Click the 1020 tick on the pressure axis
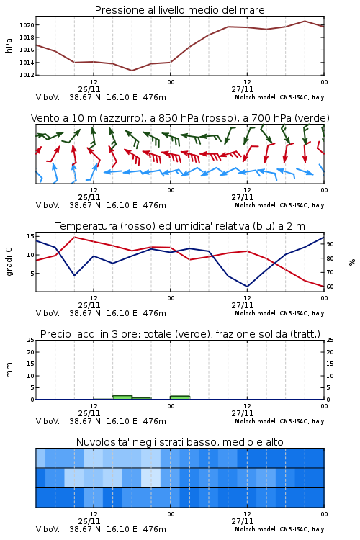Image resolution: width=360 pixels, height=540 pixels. click(27, 25)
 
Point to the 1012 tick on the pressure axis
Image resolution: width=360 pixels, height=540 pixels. click(27, 75)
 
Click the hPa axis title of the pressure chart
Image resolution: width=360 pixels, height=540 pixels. click(9, 46)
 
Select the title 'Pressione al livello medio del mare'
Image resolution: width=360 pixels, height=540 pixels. click(180, 10)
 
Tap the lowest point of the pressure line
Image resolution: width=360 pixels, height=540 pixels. click(132, 71)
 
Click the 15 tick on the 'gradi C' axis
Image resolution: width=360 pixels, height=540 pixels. click(30, 236)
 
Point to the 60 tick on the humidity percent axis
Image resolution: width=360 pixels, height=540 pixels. click(330, 287)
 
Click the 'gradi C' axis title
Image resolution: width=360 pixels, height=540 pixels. click(9, 261)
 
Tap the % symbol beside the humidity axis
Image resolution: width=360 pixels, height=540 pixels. click(352, 262)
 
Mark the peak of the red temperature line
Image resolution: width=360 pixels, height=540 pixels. click(75, 237)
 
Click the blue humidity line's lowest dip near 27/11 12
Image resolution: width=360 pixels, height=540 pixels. click(247, 286)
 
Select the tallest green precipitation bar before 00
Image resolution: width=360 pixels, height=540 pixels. click(122, 397)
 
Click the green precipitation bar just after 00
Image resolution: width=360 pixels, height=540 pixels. click(180, 397)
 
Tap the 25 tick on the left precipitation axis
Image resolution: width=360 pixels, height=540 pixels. click(30, 340)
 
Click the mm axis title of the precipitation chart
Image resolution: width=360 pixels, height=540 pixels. click(9, 370)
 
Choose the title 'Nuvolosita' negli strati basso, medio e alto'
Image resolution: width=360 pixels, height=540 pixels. click(180, 442)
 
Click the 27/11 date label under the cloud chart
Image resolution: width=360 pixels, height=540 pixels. click(243, 521)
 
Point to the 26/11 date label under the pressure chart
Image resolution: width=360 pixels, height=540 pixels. click(89, 89)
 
